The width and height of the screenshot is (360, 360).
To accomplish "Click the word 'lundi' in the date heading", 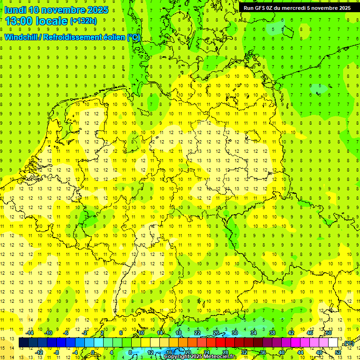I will pyautogui.click(x=15, y=10).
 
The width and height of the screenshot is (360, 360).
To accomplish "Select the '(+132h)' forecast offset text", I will pyautogui.click(x=83, y=21).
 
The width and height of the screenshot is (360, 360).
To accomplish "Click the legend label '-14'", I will pyautogui.click(x=30, y=333).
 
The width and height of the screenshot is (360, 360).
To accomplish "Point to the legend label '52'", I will pyautogui.click(x=338, y=352).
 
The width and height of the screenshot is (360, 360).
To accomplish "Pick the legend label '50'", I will pyautogui.click(x=329, y=333).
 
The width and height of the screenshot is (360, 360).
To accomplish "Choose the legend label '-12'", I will pyautogui.click(x=39, y=352).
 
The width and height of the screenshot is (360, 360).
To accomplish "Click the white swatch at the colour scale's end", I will pyautogui.click(x=333, y=343).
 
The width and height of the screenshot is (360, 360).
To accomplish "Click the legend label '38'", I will pyautogui.click(x=272, y=333).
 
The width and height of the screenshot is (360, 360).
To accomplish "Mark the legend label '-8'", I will pyautogui.click(x=57, y=352).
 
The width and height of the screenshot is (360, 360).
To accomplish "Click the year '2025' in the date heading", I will pyautogui.click(x=97, y=10).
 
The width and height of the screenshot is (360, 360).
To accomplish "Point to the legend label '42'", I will pyautogui.click(x=291, y=333).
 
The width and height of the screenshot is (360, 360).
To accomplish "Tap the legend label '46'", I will pyautogui.click(x=310, y=333).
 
